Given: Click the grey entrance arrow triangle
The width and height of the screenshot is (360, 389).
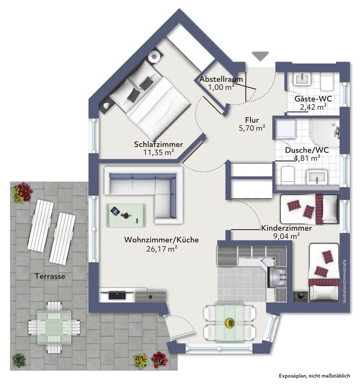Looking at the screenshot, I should (260, 56).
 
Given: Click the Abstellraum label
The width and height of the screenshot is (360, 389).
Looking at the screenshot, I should (221, 80).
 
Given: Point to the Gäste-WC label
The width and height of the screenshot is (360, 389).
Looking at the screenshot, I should (313, 99).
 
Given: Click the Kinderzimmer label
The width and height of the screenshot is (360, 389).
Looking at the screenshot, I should (286, 228).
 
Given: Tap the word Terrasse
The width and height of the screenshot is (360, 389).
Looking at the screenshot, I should (50, 276).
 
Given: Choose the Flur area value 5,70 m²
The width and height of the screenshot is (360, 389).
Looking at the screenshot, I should (252, 128).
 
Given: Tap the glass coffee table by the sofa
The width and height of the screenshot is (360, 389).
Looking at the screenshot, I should (127, 215).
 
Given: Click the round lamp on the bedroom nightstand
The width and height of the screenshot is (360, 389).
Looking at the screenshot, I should (154, 56).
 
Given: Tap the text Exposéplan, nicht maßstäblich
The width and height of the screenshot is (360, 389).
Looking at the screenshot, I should (314, 375).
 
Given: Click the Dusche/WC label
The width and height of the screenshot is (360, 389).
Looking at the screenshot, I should (307, 150).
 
